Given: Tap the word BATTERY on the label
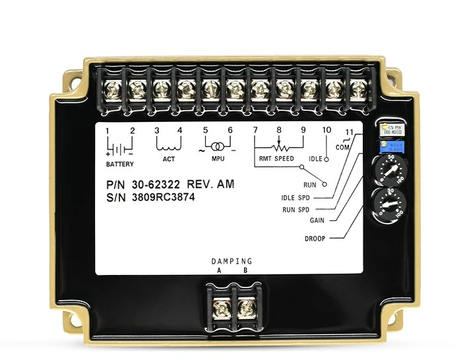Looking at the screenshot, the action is [119, 164].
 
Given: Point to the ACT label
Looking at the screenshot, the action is [169, 159].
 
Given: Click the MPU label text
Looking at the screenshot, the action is [218, 159].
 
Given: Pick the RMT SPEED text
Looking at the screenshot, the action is [276, 159].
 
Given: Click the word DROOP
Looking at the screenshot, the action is [315, 238].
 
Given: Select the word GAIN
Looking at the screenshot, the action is [316, 221].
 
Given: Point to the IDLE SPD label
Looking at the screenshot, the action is [295, 198].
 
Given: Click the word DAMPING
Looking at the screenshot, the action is [232, 262].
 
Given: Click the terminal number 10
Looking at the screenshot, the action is [326, 130].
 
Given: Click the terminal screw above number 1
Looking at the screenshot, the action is [111, 87].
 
